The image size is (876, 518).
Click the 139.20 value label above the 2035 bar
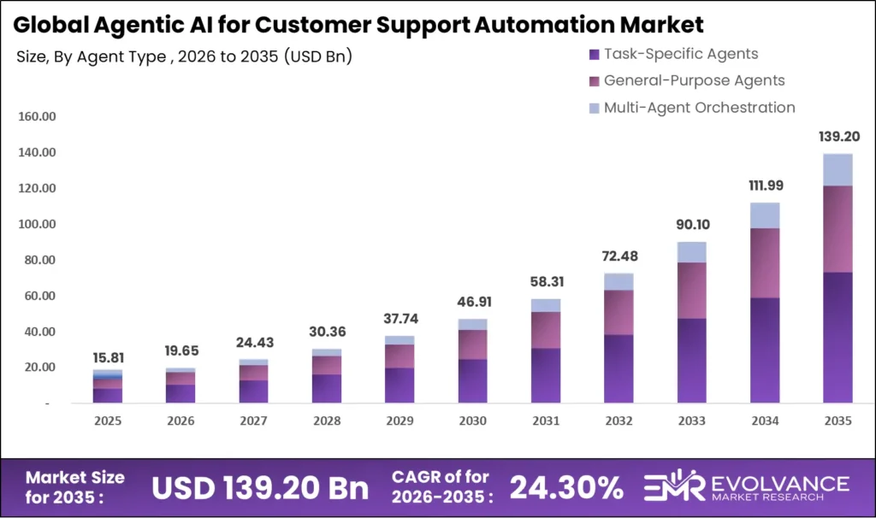click(x=838, y=136)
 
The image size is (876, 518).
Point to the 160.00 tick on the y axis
click(x=37, y=116)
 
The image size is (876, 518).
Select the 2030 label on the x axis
click(x=472, y=421)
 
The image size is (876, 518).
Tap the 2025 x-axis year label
click(x=108, y=421)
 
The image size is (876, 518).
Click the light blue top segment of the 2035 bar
click(x=838, y=169)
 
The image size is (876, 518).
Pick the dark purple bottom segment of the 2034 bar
click(x=765, y=350)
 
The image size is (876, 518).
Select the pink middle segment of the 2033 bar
click(x=692, y=291)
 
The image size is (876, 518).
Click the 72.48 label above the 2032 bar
click(x=619, y=256)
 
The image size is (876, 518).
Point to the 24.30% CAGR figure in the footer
click(x=566, y=488)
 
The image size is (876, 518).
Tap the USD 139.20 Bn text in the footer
click(x=260, y=488)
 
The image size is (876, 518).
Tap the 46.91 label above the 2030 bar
click(x=472, y=302)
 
